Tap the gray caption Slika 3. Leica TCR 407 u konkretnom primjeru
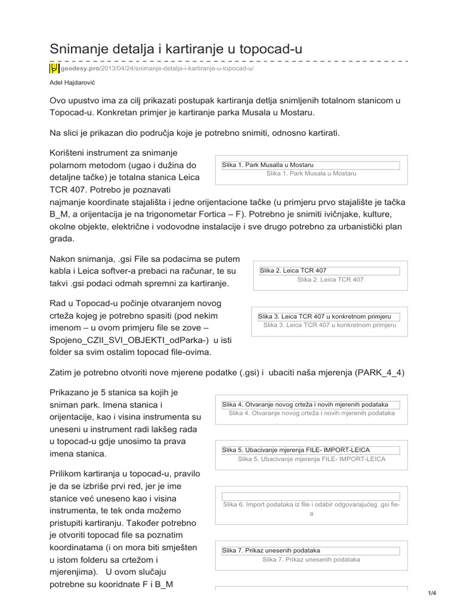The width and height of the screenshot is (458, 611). [329, 325]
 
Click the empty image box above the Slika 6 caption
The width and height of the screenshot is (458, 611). [311, 496]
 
